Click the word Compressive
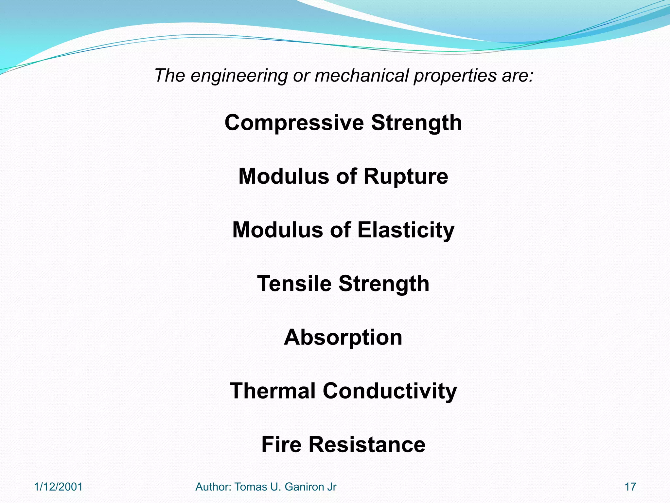[x=294, y=123]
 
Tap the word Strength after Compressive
[x=416, y=123]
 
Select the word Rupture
[x=406, y=177]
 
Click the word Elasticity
[x=406, y=230]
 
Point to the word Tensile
[x=294, y=284]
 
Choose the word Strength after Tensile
[x=384, y=284]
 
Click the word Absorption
[x=343, y=337]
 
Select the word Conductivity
[x=390, y=391]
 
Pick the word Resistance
[x=367, y=445]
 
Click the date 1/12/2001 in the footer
[x=59, y=487]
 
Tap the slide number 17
[x=630, y=487]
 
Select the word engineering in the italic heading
[x=239, y=76]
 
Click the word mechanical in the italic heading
[x=361, y=75]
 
